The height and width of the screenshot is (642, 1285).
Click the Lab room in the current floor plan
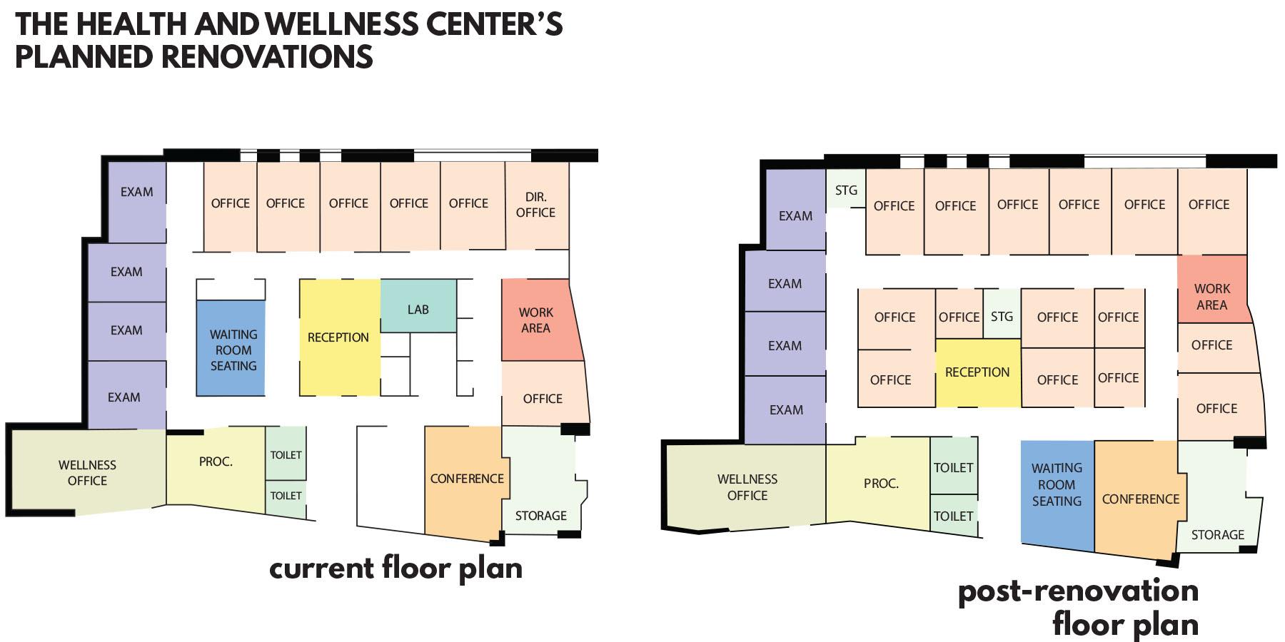418,306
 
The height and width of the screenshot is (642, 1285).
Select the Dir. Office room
537,205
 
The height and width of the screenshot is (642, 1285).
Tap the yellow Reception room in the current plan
339,337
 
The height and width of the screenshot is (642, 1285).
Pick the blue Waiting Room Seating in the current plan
231,348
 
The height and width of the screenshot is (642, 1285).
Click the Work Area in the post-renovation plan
1212,289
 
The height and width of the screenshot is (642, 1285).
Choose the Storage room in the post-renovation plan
1218,499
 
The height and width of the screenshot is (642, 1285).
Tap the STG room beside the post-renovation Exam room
846,189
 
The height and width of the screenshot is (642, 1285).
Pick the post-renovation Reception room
978,372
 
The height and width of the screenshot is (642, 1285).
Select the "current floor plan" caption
396,569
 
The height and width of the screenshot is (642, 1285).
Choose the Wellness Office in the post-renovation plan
747,487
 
